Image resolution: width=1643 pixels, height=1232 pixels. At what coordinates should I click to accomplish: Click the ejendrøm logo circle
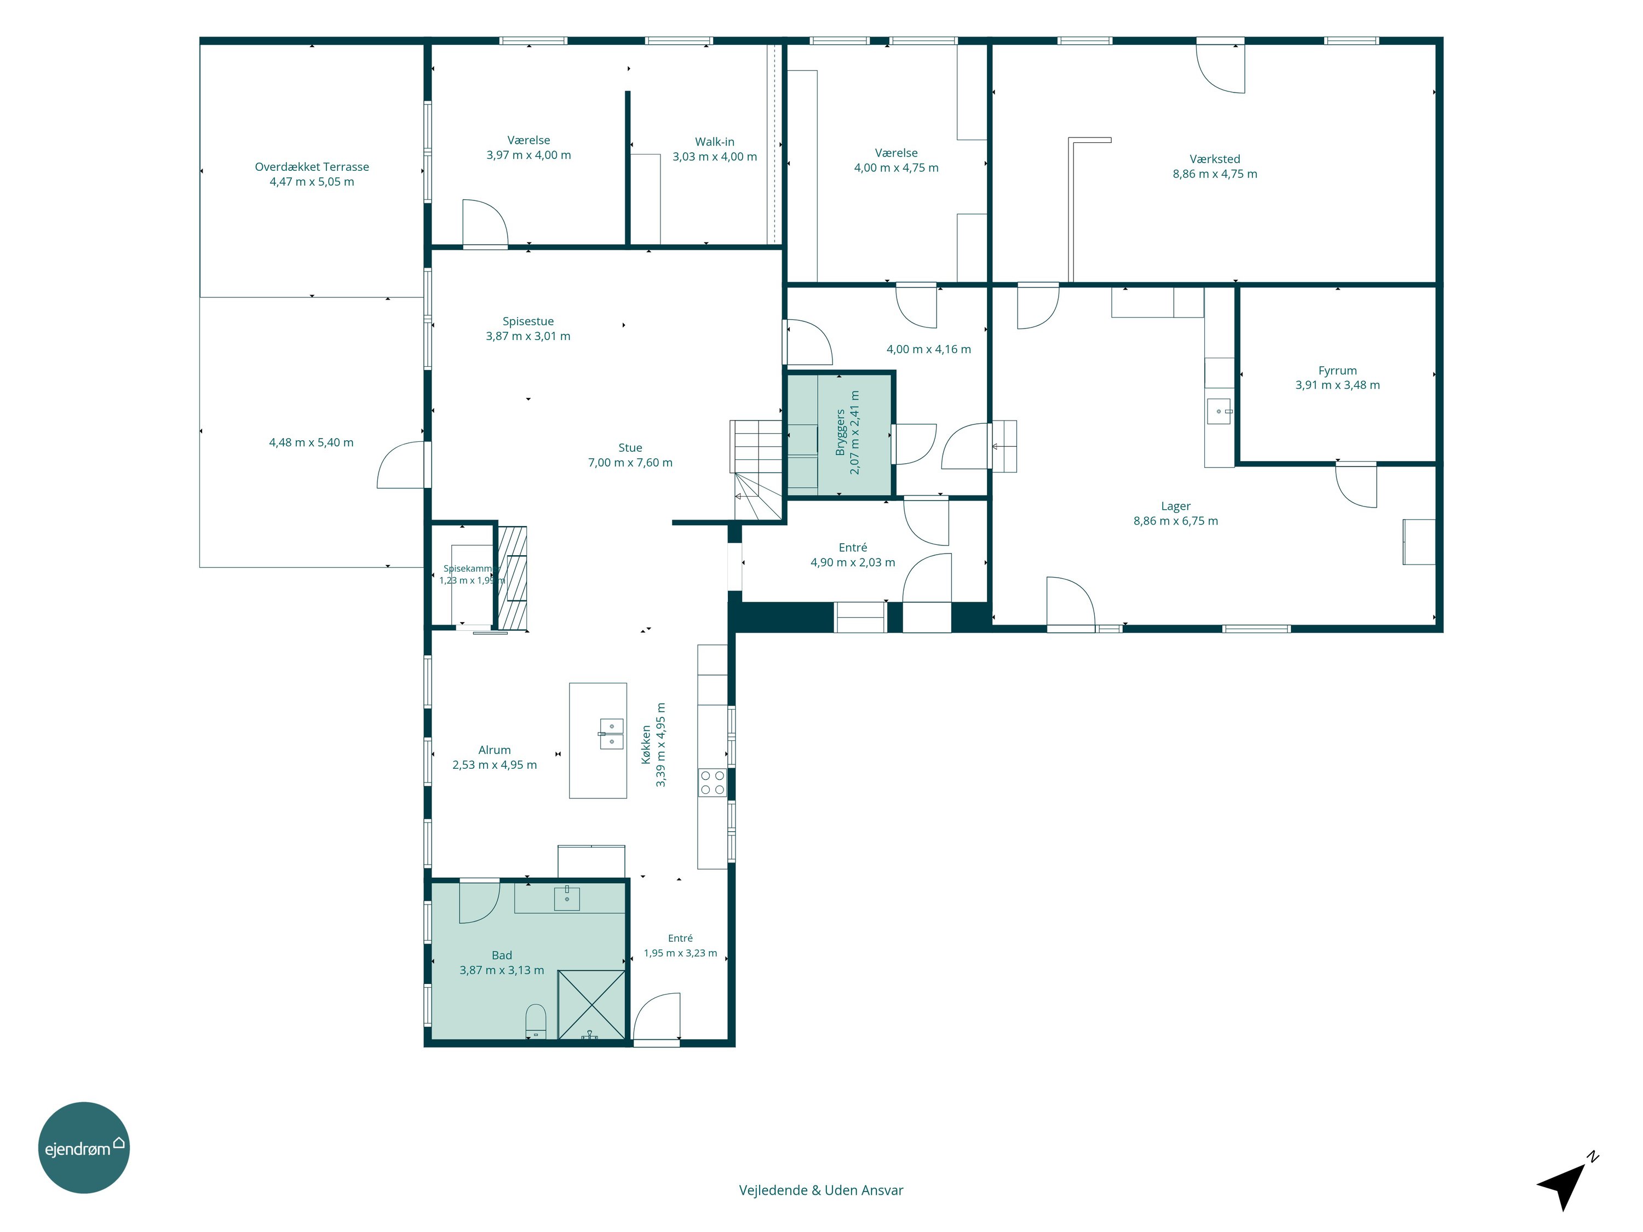click(84, 1147)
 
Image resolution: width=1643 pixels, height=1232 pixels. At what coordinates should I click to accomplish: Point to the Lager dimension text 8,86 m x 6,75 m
click(1176, 521)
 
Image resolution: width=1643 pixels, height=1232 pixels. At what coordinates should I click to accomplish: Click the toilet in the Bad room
click(536, 1022)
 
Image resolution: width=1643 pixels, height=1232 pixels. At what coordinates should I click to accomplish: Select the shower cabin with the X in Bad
click(592, 1005)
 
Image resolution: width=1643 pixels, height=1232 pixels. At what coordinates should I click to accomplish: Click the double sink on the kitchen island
click(611, 734)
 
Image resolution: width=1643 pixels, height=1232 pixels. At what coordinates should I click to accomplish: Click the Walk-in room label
click(715, 142)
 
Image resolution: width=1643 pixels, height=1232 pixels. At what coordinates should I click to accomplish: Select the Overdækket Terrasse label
click(312, 167)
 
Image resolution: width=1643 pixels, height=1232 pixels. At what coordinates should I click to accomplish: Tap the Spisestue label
click(528, 321)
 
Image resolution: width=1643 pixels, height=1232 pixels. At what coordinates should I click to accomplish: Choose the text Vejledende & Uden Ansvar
click(821, 1190)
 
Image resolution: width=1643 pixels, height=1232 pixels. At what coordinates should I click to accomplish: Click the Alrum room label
click(495, 750)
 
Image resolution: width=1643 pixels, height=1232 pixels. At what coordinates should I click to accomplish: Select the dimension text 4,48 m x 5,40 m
click(311, 442)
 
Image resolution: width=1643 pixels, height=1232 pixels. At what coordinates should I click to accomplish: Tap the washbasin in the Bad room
click(567, 898)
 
